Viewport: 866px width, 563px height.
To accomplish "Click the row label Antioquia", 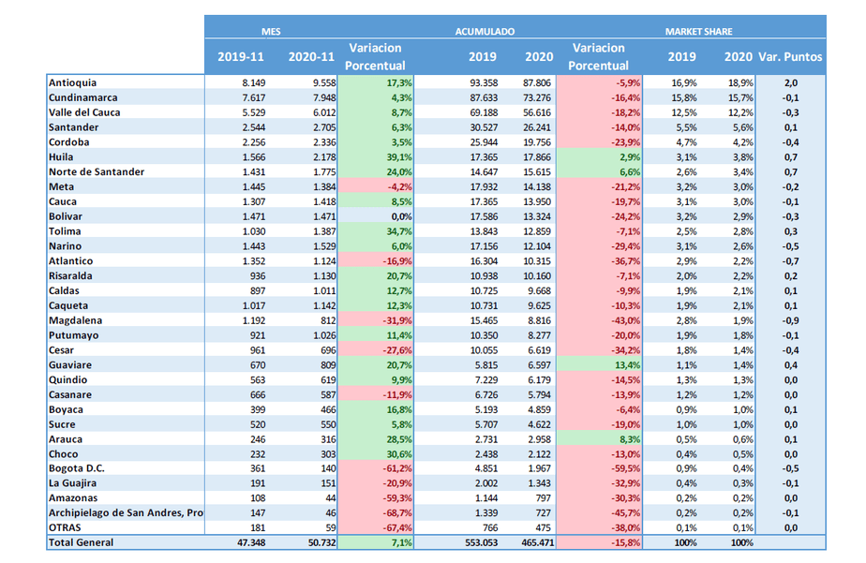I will click(73, 82).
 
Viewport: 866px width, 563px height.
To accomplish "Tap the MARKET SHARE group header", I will click(698, 31).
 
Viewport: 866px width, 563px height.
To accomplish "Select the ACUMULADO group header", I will click(485, 31).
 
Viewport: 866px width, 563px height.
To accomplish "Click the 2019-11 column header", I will click(241, 57).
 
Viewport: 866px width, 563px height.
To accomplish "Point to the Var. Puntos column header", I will click(790, 57).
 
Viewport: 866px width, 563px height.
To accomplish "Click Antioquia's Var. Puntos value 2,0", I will click(790, 82).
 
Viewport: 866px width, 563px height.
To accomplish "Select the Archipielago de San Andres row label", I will click(126, 512).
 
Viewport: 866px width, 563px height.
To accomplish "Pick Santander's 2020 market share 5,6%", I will click(739, 127).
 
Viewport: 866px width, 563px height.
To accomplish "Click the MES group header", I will click(271, 31).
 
